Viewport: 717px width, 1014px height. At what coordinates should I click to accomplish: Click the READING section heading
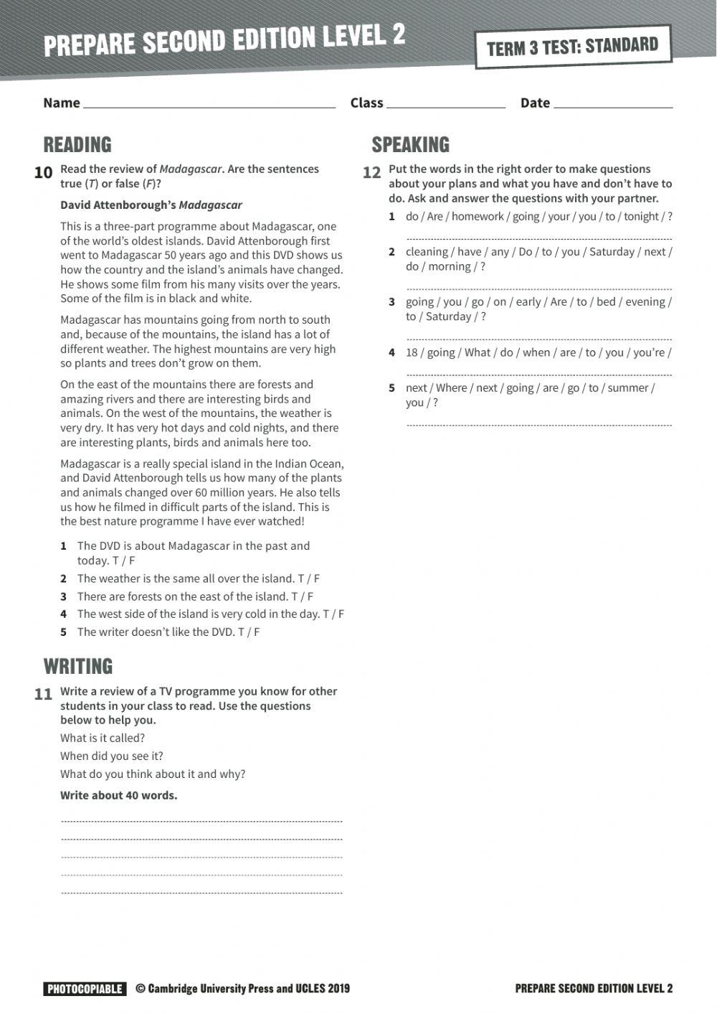tap(77, 145)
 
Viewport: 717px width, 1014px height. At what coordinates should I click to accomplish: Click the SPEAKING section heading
tap(410, 145)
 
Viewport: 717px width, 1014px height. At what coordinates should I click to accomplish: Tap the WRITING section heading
tap(78, 667)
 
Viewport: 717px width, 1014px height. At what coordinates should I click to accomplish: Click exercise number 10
tap(43, 173)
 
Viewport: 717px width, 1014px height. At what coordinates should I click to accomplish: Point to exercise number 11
tap(43, 695)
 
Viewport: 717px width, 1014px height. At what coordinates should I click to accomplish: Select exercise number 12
tap(371, 173)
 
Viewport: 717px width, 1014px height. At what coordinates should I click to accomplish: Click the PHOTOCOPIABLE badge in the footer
tap(85, 989)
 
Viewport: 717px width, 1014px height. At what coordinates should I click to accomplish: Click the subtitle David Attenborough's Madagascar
tap(151, 205)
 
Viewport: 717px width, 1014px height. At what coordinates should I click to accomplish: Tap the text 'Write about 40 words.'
tap(118, 795)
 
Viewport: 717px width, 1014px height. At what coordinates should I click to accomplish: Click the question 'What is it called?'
tap(103, 738)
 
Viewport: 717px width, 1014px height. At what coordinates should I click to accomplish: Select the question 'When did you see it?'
tap(112, 756)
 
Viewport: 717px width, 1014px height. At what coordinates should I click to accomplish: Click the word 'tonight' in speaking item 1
tap(641, 217)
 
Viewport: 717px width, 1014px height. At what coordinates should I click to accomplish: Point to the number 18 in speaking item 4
tap(412, 352)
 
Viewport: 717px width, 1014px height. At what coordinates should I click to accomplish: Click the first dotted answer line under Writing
tap(201, 821)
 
